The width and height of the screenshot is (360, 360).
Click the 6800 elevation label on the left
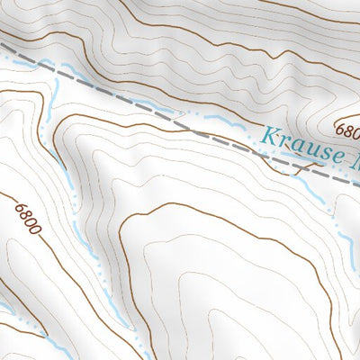pos(28,218)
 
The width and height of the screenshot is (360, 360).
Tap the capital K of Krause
pos(267,138)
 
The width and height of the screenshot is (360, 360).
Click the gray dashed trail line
pos(135,100)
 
